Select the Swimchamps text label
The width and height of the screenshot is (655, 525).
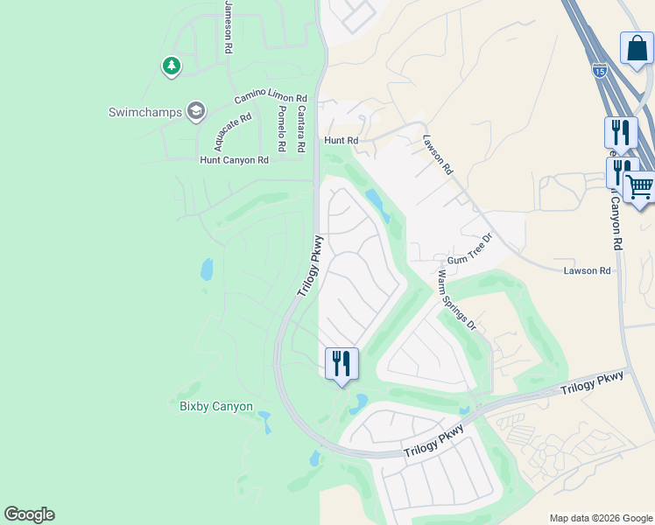[145, 112]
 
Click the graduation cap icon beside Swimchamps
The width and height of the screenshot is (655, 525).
[195, 111]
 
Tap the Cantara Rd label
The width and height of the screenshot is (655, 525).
[300, 125]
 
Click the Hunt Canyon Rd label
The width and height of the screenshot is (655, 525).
[234, 160]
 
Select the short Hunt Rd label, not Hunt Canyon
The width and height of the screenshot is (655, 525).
[342, 140]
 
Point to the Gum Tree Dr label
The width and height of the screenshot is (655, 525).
[471, 249]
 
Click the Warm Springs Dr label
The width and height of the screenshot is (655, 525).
[455, 299]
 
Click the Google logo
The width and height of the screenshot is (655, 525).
[29, 514]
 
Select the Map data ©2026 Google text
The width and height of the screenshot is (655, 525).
[600, 518]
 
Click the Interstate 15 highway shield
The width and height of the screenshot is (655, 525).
[599, 69]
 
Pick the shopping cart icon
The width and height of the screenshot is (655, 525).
[639, 186]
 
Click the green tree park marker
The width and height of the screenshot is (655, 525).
[171, 66]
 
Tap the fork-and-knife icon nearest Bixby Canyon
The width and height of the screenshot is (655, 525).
[342, 362]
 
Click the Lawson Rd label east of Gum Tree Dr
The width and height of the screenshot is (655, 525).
[586, 271]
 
